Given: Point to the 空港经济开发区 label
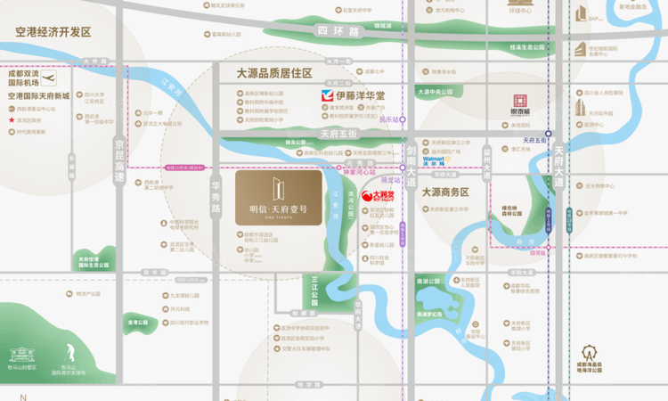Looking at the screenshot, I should pos(53,31).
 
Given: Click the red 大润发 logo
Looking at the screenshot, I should pos(383,193).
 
